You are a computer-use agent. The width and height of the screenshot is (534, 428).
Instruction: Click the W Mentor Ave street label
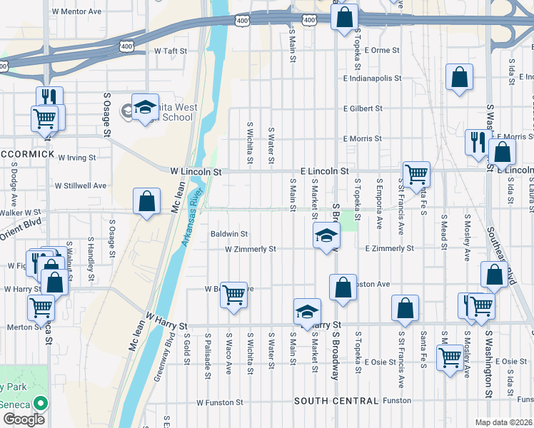tap(77, 12)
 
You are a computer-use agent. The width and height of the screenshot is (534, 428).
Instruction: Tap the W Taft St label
tap(171, 51)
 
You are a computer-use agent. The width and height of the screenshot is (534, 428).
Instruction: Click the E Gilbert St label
tap(363, 109)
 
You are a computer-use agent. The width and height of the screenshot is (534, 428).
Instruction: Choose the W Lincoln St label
tap(196, 172)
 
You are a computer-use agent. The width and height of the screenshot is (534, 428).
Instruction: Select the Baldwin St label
tap(228, 233)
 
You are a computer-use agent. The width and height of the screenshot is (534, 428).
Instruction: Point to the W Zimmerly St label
tap(250, 250)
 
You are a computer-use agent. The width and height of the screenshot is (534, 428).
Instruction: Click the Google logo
tap(23, 419)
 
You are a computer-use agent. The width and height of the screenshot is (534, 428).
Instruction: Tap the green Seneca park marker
tap(39, 404)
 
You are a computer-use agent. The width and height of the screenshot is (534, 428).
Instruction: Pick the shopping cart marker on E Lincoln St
tap(416, 173)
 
